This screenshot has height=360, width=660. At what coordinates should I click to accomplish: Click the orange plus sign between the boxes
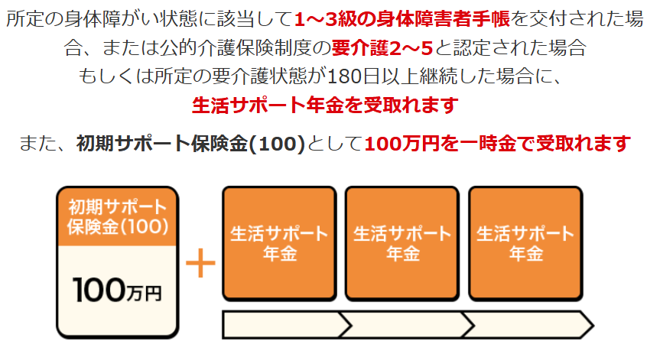click(x=201, y=264)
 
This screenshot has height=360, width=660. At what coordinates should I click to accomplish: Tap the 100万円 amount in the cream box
click(x=117, y=291)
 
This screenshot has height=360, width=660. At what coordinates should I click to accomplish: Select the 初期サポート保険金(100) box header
click(x=117, y=216)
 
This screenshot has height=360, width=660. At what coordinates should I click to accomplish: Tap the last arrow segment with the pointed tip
click(x=528, y=324)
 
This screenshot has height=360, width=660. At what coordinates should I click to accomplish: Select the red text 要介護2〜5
click(x=382, y=49)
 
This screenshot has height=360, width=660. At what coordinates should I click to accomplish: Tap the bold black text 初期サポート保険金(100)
click(x=191, y=143)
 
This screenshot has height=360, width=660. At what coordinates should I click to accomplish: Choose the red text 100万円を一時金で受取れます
click(x=498, y=143)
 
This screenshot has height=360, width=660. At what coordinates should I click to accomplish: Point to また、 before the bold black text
click(x=50, y=143)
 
